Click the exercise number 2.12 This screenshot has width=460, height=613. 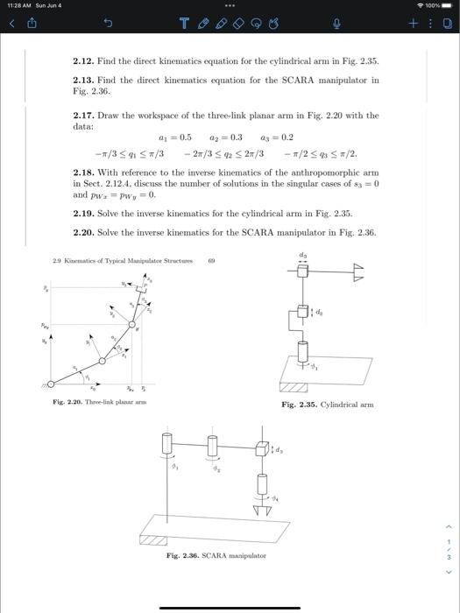pos(83,62)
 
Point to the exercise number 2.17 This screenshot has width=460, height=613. pos(83,115)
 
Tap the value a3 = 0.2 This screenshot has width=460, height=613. pos(278,138)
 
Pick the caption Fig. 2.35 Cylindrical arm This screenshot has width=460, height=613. pos(328,405)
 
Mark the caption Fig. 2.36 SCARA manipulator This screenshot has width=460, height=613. pos(216,555)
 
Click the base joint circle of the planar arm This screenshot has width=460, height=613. pos(49,383)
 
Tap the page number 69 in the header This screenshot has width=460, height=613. pos(211,260)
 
